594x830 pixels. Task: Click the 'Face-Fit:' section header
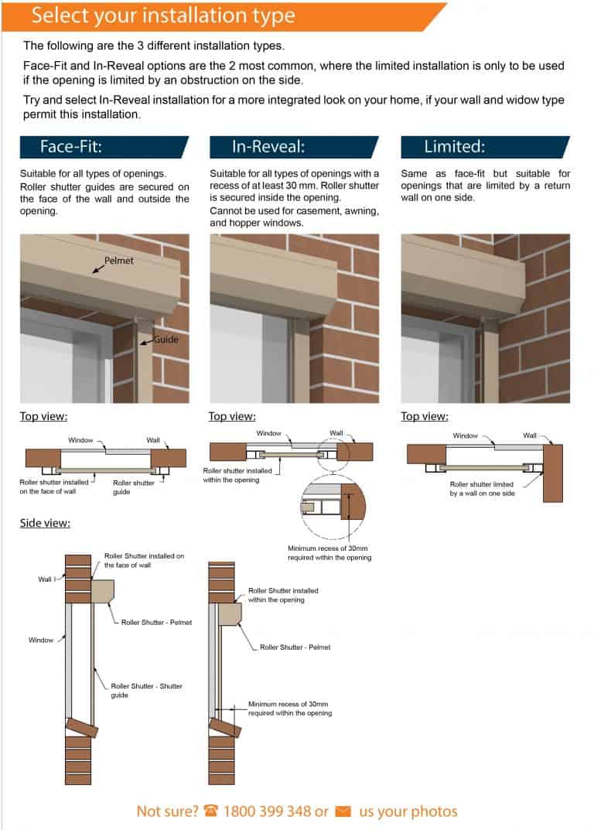71,147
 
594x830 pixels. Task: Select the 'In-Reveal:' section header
268,147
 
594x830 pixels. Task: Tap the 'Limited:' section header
454,147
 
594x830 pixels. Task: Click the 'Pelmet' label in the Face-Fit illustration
119,261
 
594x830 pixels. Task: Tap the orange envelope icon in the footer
343,811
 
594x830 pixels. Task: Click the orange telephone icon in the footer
211,811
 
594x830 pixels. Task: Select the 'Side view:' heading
45,524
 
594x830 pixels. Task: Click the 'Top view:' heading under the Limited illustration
424,417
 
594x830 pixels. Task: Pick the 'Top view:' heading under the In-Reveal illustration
232,417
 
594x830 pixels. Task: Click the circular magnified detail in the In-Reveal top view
332,507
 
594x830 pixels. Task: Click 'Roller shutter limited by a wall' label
483,489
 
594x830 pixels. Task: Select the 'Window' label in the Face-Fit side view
41,640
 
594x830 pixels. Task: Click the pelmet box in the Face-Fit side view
103,592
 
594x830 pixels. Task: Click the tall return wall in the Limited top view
552,473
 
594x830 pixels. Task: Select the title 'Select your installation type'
163,15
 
